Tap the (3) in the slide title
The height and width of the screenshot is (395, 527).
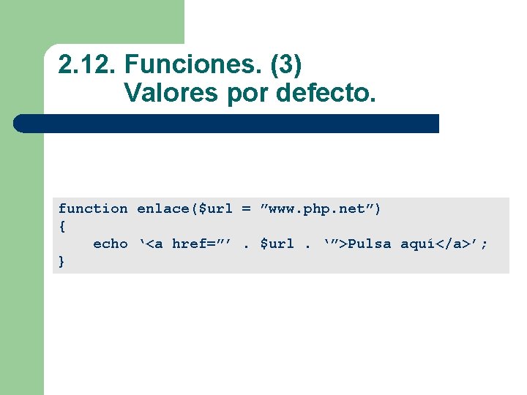286,65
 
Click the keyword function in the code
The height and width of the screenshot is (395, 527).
93,209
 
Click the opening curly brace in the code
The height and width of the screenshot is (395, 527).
61,227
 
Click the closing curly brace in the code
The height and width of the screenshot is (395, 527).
61,262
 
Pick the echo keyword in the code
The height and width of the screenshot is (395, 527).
110,244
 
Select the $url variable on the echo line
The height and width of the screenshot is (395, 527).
277,244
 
